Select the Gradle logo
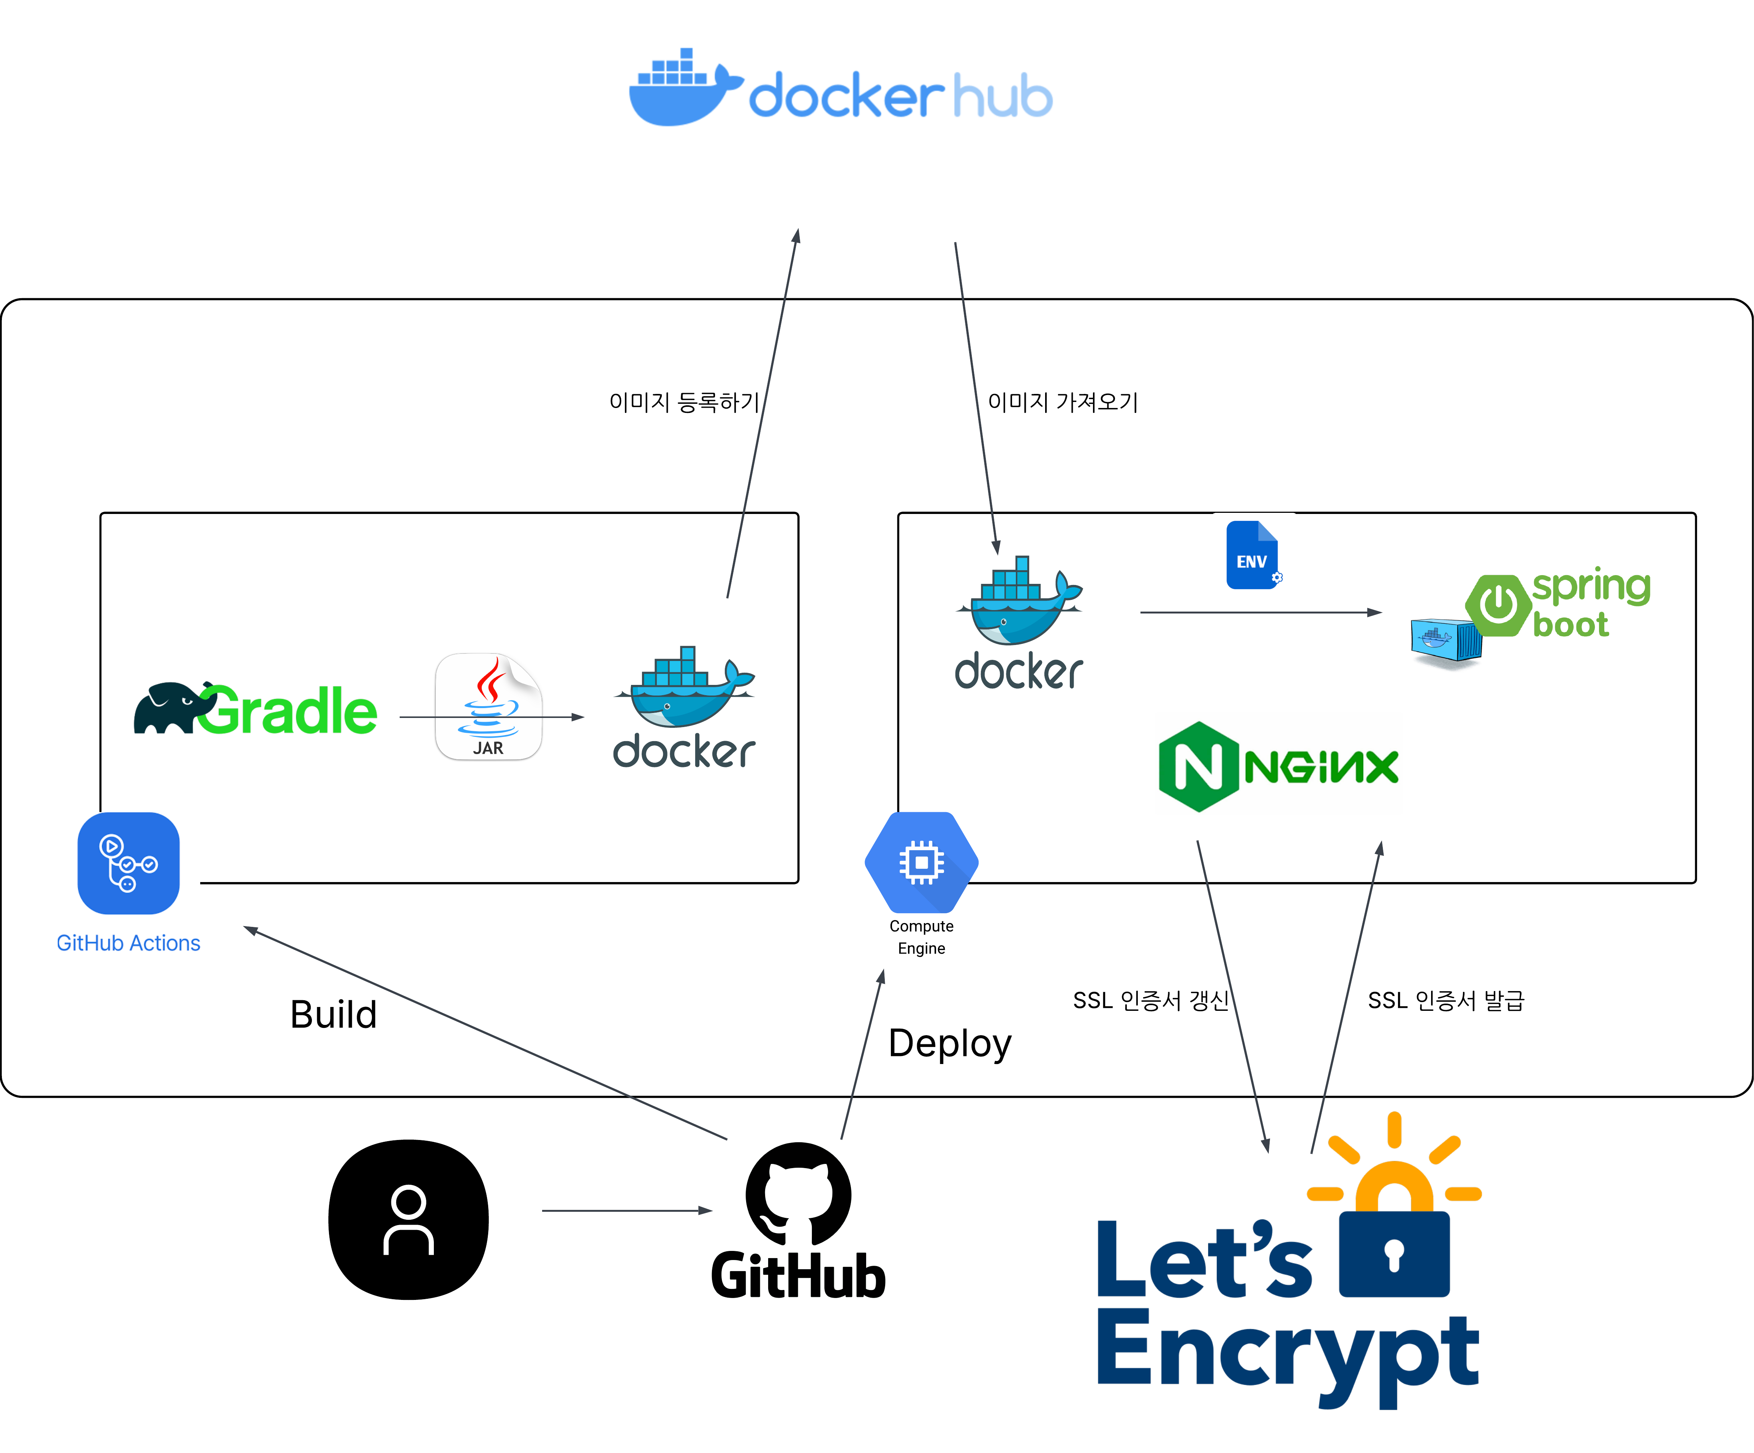click(256, 710)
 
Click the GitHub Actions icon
click(129, 863)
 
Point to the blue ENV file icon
click(1252, 555)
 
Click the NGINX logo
click(1278, 767)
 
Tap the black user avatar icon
click(408, 1219)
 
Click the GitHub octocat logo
click(799, 1194)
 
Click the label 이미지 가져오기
click(1063, 403)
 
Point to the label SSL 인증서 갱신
click(1150, 1001)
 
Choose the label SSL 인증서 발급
click(1446, 1001)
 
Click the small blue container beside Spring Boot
click(1445, 641)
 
